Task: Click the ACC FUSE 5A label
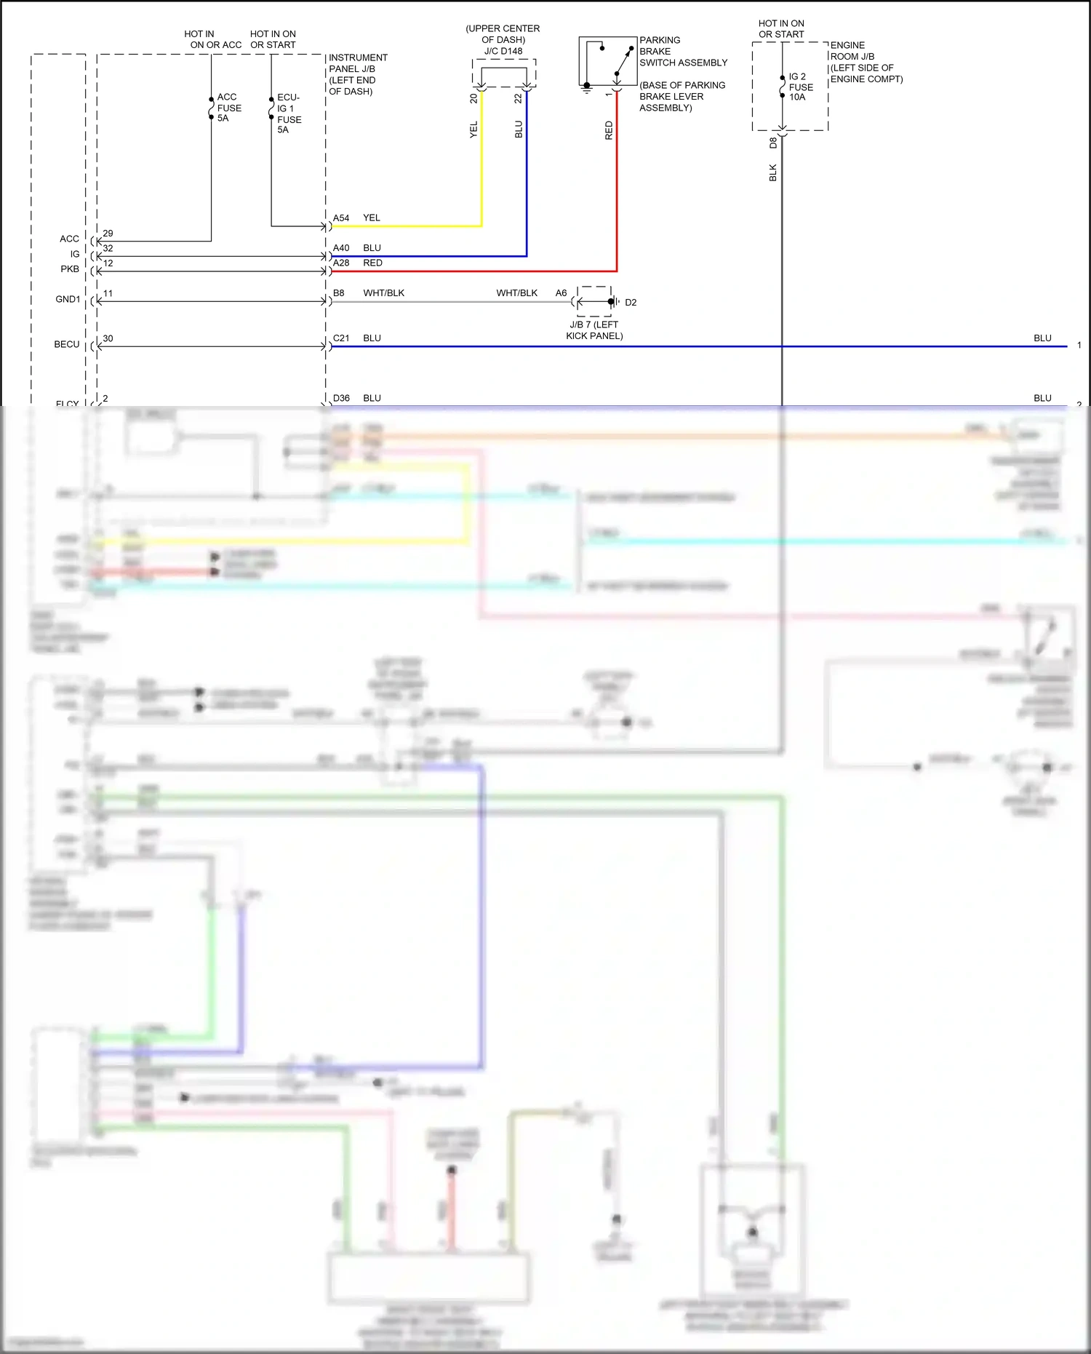coord(228,108)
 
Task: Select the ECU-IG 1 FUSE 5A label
coord(289,114)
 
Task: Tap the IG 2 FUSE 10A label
coord(800,87)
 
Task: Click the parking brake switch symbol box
coord(607,61)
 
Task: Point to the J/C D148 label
coord(503,51)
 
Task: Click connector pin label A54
coord(341,218)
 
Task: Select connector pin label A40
coord(341,248)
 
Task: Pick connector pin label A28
coord(341,263)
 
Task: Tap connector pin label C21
coord(341,338)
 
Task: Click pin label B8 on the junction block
coord(339,293)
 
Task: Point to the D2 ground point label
coord(631,303)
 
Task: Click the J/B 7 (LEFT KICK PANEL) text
coord(594,330)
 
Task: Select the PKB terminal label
coord(70,269)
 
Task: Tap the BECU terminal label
coord(67,344)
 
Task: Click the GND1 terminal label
coord(68,299)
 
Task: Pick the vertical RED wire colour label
coord(609,131)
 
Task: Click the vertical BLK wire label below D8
coord(773,172)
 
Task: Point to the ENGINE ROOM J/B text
coord(852,51)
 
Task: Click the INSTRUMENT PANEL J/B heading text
coord(357,63)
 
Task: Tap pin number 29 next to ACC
coord(108,234)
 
